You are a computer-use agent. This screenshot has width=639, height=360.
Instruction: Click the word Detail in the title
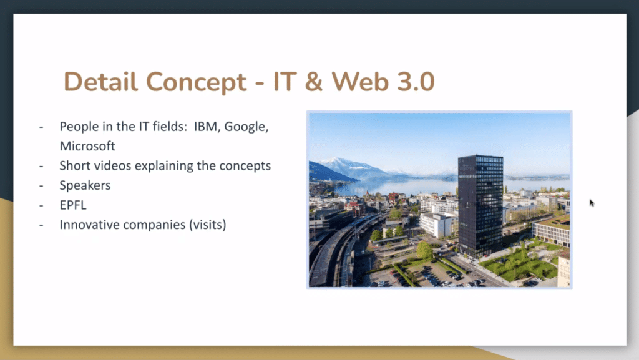tap(100, 82)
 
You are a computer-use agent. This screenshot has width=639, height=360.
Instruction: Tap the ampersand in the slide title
tap(313, 82)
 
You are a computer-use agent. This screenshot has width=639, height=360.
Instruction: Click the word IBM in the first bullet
tap(206, 127)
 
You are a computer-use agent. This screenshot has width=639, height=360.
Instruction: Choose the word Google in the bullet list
tap(246, 127)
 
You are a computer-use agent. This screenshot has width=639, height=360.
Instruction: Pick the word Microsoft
tap(87, 146)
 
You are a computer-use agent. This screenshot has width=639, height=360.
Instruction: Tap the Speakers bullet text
tap(85, 186)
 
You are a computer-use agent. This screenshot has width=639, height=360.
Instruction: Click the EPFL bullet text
tap(73, 205)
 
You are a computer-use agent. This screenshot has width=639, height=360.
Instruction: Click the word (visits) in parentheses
tap(207, 225)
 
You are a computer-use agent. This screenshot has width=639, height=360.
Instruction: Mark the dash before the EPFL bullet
tap(41, 205)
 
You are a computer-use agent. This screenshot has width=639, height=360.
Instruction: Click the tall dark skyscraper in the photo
tap(480, 206)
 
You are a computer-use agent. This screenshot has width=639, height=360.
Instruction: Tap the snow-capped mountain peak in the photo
tap(336, 160)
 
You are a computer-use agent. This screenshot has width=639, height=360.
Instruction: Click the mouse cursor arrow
tap(592, 203)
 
